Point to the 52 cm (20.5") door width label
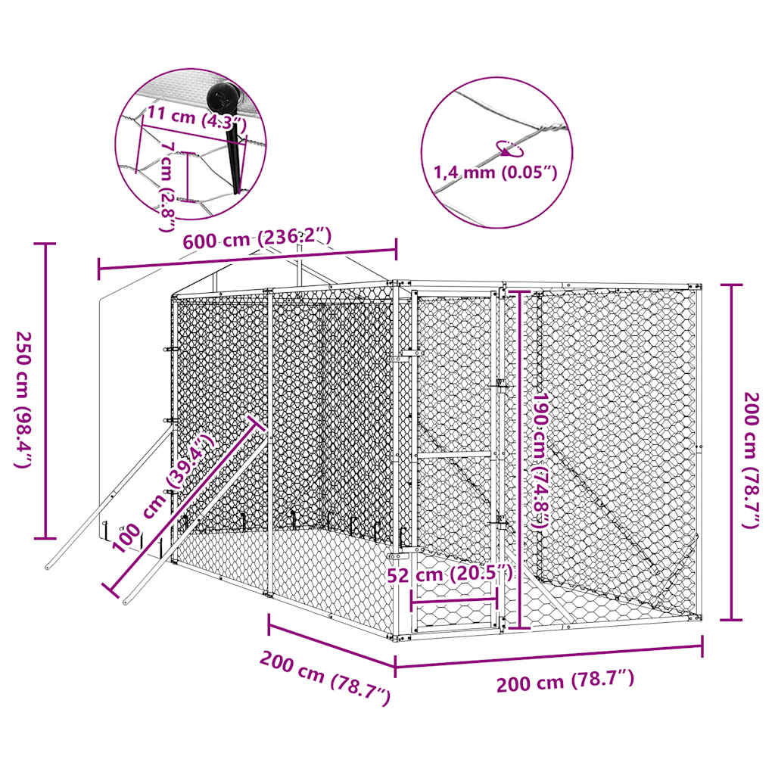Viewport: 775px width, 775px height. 450,574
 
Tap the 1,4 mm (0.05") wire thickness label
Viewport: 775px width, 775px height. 495,172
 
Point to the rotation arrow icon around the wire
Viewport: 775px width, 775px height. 507,148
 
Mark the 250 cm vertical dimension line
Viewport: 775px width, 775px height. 45,391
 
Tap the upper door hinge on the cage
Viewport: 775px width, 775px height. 409,353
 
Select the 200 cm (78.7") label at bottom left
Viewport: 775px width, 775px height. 325,677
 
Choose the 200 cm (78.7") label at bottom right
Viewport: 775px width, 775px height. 565,681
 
